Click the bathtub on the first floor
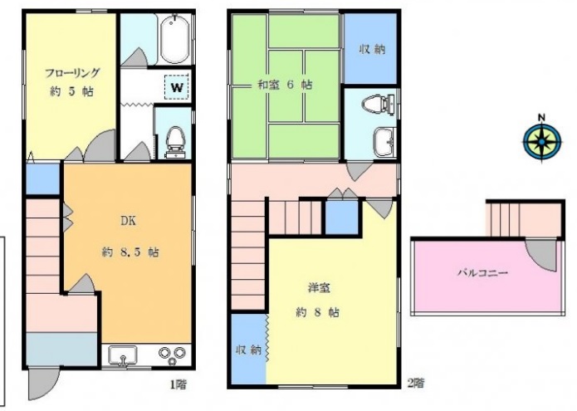175,39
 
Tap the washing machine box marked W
177,87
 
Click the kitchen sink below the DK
123,356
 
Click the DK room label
128,221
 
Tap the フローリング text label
72,72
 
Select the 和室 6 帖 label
285,85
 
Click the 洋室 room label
319,288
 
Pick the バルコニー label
483,272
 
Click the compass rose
542,141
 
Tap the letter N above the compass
541,117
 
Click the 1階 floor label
178,384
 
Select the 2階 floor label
416,384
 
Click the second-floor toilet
378,104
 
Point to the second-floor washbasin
384,142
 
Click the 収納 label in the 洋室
249,350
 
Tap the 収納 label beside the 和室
372,49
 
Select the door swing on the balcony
540,255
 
